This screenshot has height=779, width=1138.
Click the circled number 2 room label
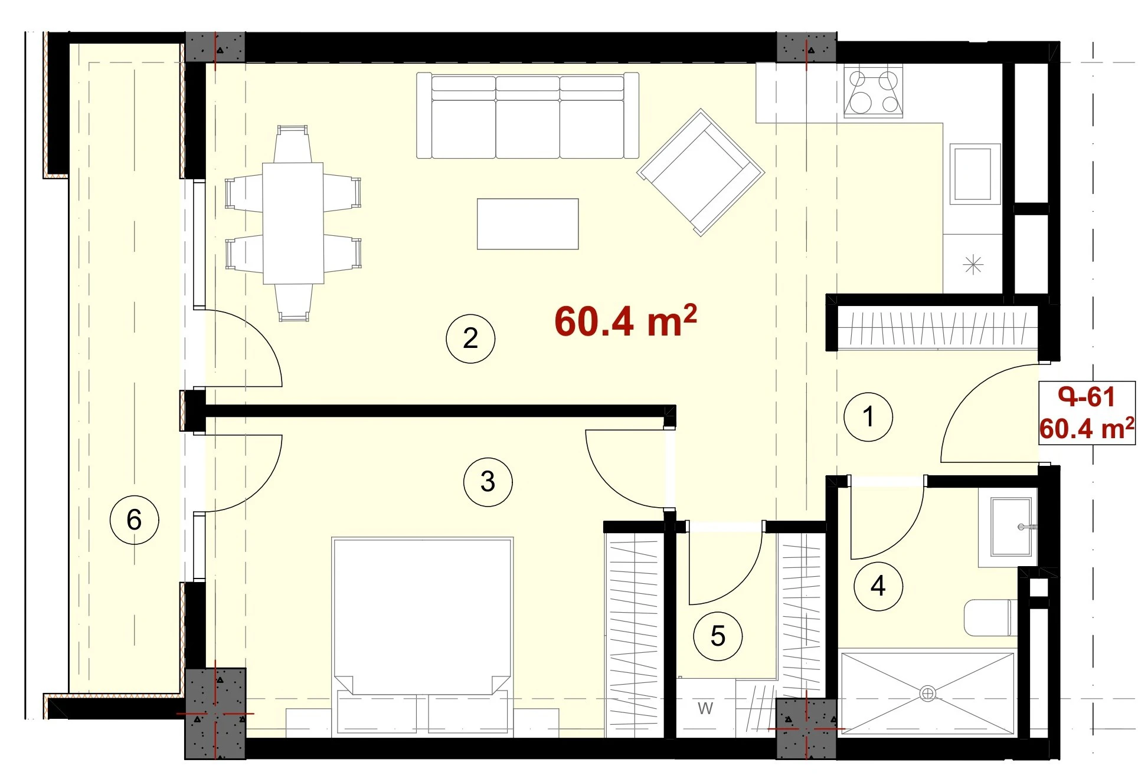470,338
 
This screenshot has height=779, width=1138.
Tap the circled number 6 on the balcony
135,520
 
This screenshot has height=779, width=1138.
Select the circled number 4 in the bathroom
878,586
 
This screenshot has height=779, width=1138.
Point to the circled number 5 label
718,636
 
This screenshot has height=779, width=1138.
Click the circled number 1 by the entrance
868,416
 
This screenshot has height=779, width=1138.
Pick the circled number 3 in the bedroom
488,481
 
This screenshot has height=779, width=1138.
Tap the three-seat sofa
528,116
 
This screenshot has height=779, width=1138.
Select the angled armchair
701,172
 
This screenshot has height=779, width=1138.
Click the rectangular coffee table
528,224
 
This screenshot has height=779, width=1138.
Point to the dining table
293,223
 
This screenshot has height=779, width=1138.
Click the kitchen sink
975,174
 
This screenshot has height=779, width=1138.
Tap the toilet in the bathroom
990,618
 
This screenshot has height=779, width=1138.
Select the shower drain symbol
927,693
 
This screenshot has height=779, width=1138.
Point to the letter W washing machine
705,708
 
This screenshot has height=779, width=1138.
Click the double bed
423,637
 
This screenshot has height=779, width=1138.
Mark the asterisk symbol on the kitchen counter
973,264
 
